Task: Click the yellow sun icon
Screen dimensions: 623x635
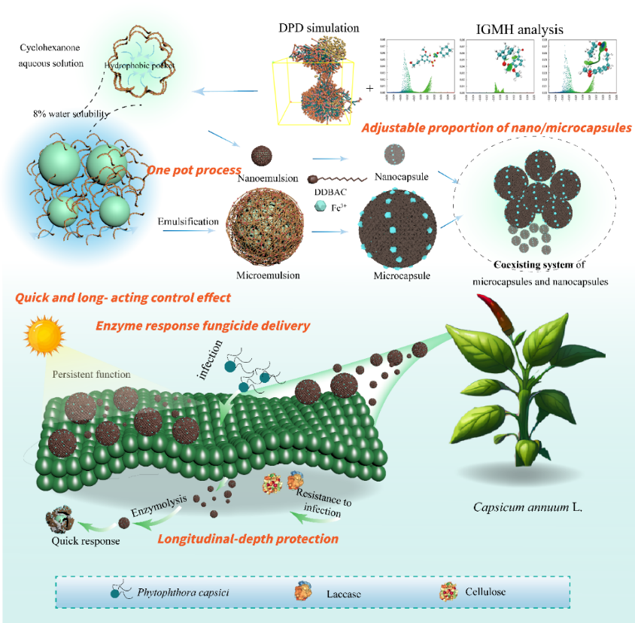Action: click(43, 334)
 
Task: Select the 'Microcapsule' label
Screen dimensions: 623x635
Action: click(403, 275)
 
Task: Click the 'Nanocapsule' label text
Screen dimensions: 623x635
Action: click(400, 178)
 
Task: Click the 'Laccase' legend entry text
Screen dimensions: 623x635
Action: click(345, 594)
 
